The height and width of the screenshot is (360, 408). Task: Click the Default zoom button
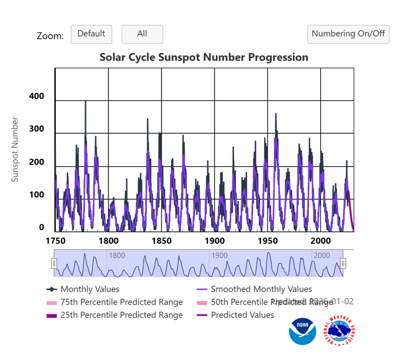[91, 34]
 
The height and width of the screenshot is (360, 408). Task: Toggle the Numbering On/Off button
[348, 34]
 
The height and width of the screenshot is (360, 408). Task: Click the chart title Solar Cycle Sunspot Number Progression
[204, 57]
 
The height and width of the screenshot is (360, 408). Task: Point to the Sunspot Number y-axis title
[15, 150]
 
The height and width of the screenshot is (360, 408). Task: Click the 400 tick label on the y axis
[37, 97]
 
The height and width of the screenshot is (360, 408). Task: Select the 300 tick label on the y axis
[37, 130]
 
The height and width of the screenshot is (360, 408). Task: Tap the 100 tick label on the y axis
[37, 195]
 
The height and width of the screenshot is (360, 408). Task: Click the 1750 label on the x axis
[55, 241]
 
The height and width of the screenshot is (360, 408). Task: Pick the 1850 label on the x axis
[161, 241]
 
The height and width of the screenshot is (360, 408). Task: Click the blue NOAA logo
[302, 333]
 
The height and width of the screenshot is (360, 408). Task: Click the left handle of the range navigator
[54, 263]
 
